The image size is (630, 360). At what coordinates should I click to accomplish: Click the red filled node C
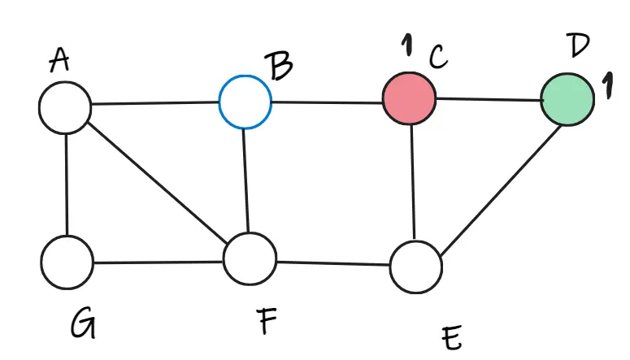[x=410, y=99]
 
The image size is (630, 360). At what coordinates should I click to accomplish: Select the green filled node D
[x=568, y=99]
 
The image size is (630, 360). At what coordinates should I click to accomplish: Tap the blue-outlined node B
[x=245, y=102]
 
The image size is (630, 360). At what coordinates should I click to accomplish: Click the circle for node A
[x=65, y=107]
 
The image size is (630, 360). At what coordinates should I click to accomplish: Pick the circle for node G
[x=67, y=262]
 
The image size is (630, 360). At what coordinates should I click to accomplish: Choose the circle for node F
[x=250, y=259]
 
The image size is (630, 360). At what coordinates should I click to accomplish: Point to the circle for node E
[x=415, y=267]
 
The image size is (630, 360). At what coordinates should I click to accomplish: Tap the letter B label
[x=280, y=66]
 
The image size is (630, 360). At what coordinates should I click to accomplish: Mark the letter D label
[x=577, y=46]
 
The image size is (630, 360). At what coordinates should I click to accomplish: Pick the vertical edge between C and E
[x=414, y=183]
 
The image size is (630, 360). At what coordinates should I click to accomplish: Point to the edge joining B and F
[x=246, y=181]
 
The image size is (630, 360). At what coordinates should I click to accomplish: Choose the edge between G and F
[x=158, y=262]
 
